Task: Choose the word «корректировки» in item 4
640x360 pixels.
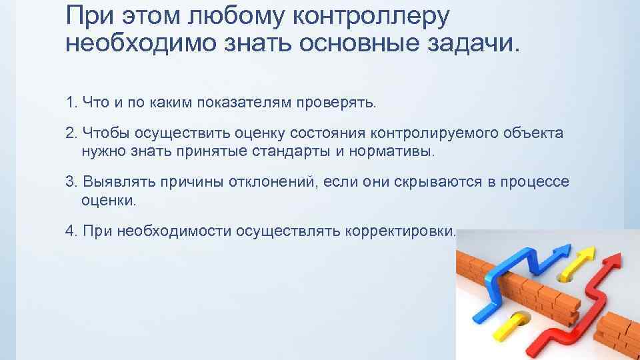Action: (401, 231)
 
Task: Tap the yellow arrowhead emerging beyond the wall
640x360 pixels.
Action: (586, 255)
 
